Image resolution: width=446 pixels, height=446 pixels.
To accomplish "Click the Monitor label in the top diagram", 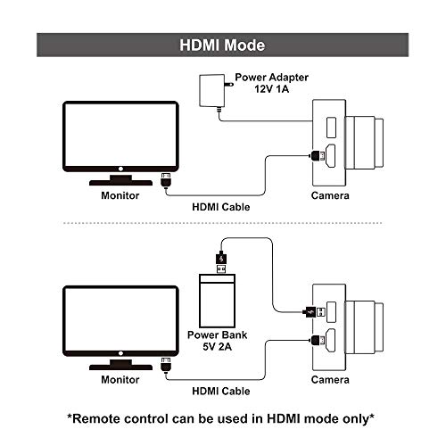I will coord(120,195).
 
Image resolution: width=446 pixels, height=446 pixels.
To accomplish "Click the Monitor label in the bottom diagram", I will coord(120,380).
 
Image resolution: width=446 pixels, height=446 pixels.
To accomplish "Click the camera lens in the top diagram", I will coord(367,143).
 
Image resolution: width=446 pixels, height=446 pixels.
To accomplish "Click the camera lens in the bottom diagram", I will coord(367,328).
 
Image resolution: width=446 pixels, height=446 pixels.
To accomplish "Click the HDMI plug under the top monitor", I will coord(165,180).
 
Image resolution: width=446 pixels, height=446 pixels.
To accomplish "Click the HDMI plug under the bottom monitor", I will coord(165,365).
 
